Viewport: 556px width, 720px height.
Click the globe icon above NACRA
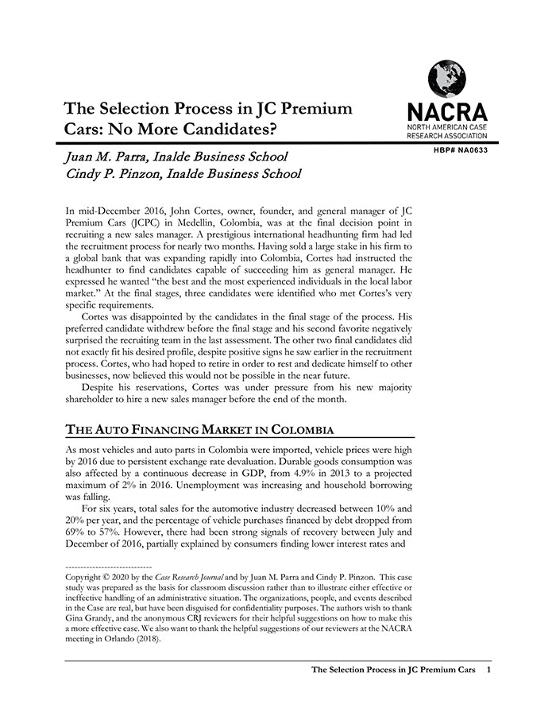pyautogui.click(x=446, y=78)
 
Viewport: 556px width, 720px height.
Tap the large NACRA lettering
pyautogui.click(x=446, y=111)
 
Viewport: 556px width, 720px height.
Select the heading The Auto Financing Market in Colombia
pyautogui.click(x=199, y=430)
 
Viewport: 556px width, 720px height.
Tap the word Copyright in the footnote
pyautogui.click(x=88, y=576)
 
